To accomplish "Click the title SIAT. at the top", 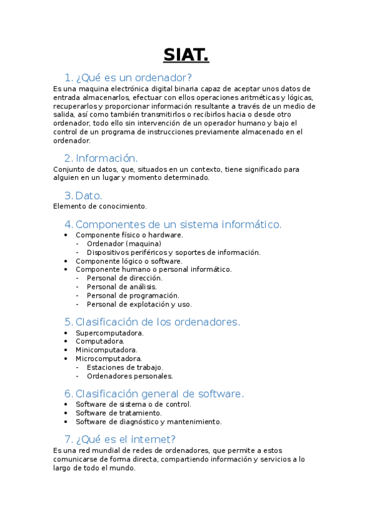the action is click(x=186, y=55).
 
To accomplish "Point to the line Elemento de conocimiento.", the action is click(x=100, y=206).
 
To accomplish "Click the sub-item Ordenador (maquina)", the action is click(x=124, y=244).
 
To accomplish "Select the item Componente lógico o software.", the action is click(x=129, y=261).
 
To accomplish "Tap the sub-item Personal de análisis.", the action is click(x=122, y=287).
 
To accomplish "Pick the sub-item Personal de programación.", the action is click(x=133, y=295).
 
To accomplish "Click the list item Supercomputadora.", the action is click(x=109, y=333).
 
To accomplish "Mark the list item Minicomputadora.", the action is click(x=106, y=350).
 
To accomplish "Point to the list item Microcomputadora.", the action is click(x=109, y=359).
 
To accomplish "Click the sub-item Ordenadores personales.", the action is click(x=130, y=376).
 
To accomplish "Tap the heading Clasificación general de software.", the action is click(x=160, y=394).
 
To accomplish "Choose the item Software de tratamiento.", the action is click(x=119, y=413).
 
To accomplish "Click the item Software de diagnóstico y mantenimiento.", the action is click(x=148, y=422).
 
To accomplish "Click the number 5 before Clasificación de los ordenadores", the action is click(x=68, y=322).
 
